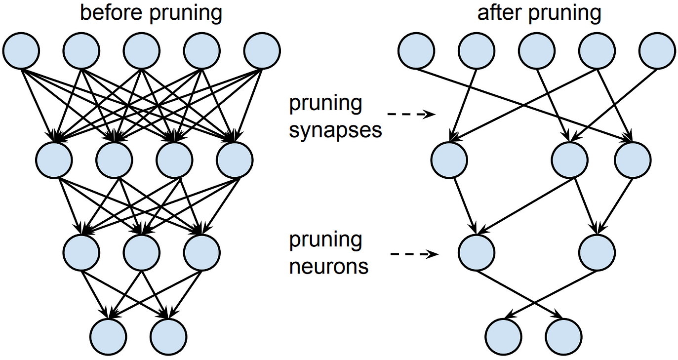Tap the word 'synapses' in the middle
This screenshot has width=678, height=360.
335,130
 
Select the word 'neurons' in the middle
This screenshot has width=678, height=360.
328,266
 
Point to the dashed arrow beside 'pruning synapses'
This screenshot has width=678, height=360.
411,115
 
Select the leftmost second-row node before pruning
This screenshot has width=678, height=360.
54,160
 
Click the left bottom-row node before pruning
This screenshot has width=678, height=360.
109,334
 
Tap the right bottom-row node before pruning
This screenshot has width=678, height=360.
169,334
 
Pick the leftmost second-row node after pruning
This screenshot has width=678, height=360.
449,160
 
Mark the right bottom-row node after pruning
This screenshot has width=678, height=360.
564,334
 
